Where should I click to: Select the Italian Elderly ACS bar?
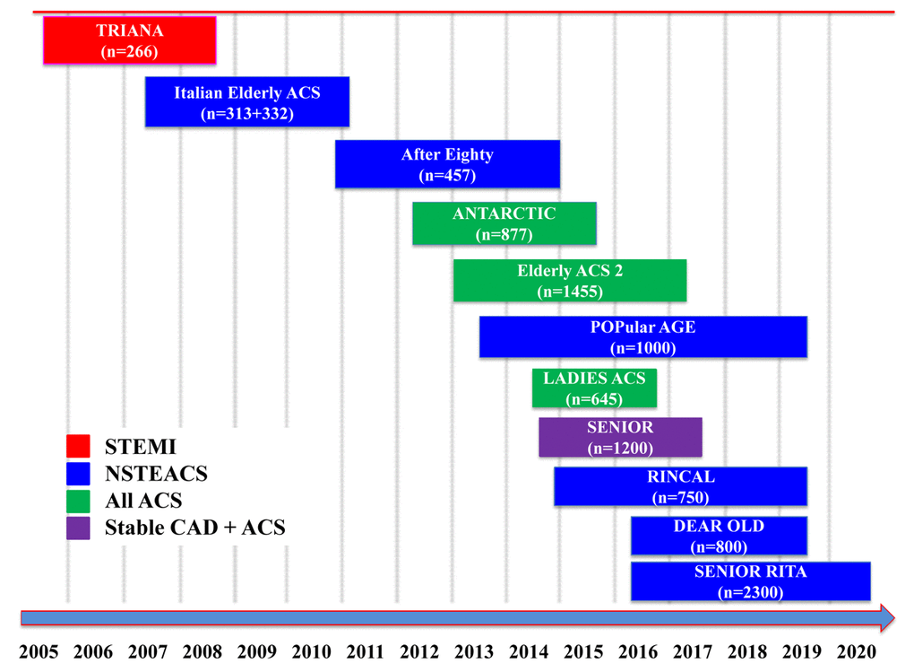247,102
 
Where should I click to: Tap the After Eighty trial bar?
447,164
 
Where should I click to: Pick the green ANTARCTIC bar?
504,223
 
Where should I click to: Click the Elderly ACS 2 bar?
570,280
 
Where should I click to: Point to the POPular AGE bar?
643,337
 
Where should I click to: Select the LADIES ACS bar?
594,388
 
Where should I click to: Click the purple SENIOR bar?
620,437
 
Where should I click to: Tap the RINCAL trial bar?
681,486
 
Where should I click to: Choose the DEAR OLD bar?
720,536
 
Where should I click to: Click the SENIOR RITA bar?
751,581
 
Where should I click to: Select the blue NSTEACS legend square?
78,473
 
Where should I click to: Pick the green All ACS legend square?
78,500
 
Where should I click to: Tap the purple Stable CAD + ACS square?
78,527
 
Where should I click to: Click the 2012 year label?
420,652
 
